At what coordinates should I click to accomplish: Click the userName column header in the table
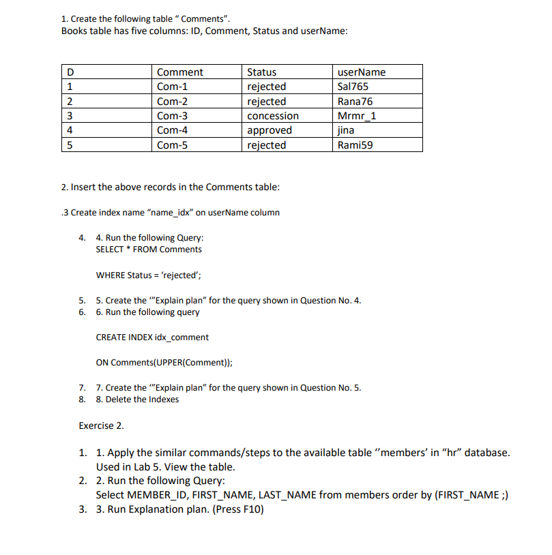[x=362, y=72]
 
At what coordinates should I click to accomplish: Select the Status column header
[x=262, y=72]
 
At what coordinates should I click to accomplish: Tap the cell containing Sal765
[x=353, y=87]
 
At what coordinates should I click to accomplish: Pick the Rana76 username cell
[x=355, y=102]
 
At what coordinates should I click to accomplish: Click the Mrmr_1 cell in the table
[x=357, y=116]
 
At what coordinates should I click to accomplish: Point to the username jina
[x=346, y=130]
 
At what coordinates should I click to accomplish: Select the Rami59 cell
[x=355, y=145]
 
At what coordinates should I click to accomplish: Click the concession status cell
[x=273, y=116]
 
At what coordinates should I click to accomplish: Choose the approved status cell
[x=270, y=130]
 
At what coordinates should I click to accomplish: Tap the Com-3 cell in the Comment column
[x=172, y=116]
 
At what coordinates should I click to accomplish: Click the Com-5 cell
[x=172, y=145]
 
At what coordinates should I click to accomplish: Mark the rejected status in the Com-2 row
[x=267, y=102]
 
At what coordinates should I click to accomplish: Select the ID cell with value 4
[x=70, y=130]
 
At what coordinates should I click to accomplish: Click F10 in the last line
[x=246, y=510]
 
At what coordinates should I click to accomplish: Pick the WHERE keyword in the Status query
[x=111, y=275]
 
